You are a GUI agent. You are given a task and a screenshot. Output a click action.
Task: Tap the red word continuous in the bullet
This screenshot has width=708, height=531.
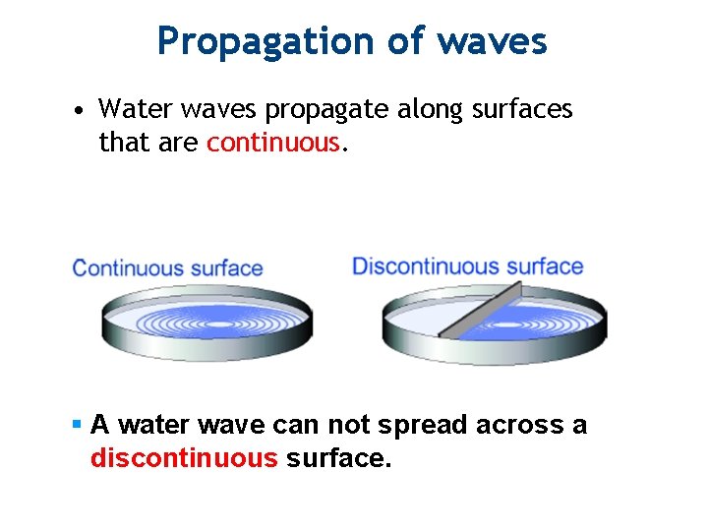click(x=272, y=143)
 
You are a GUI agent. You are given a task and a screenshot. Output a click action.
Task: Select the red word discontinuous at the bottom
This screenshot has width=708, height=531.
click(x=184, y=457)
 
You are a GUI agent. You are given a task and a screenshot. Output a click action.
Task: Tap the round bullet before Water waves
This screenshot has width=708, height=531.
click(x=77, y=110)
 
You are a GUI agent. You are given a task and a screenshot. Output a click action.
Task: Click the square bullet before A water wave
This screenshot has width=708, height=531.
click(x=76, y=425)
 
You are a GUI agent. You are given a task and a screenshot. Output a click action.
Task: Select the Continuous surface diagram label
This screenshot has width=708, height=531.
click(x=167, y=267)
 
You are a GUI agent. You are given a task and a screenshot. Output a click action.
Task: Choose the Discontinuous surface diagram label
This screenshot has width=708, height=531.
click(x=467, y=266)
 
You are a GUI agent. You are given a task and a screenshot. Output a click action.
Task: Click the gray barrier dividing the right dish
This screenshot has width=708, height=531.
click(x=482, y=310)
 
